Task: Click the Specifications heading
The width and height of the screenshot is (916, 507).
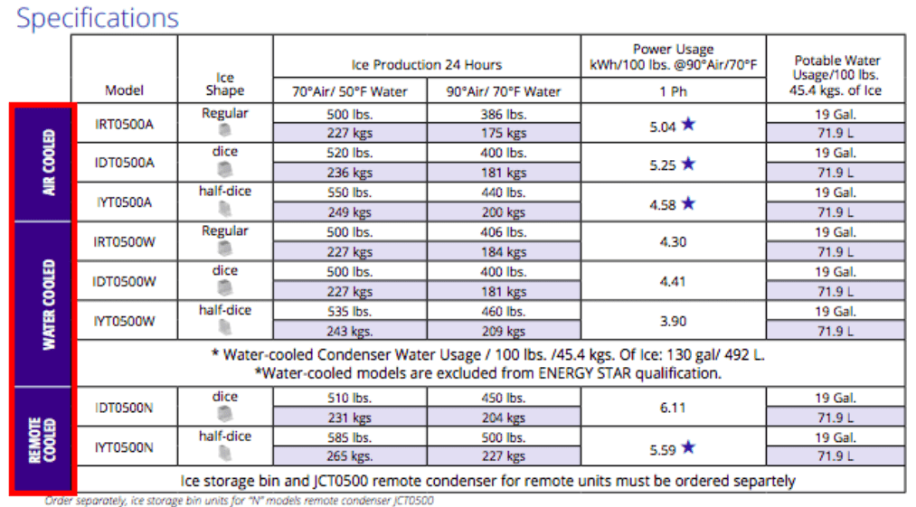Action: pos(98,17)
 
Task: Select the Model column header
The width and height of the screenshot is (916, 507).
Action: pos(124,90)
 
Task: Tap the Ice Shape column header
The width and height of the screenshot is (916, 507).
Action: pos(225,83)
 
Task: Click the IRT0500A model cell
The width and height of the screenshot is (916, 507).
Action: pos(124,124)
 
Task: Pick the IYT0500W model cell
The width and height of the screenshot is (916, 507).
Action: pos(124,321)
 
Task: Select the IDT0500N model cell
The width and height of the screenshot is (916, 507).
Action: pos(124,408)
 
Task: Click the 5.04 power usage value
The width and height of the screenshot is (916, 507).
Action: pos(663,126)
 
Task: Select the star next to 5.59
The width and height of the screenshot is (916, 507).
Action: pos(689,446)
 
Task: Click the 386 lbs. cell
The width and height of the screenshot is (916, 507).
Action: pos(504,114)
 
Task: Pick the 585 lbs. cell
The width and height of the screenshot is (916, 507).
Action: pos(349,437)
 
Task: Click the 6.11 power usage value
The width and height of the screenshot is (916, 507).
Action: pos(674,408)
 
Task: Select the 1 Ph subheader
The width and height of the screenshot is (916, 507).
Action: pos(674,91)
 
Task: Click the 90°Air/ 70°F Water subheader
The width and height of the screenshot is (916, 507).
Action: pos(503,91)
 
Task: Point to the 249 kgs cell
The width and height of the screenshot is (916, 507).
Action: pos(349,211)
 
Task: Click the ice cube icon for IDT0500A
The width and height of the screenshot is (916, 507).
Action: pos(225,170)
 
